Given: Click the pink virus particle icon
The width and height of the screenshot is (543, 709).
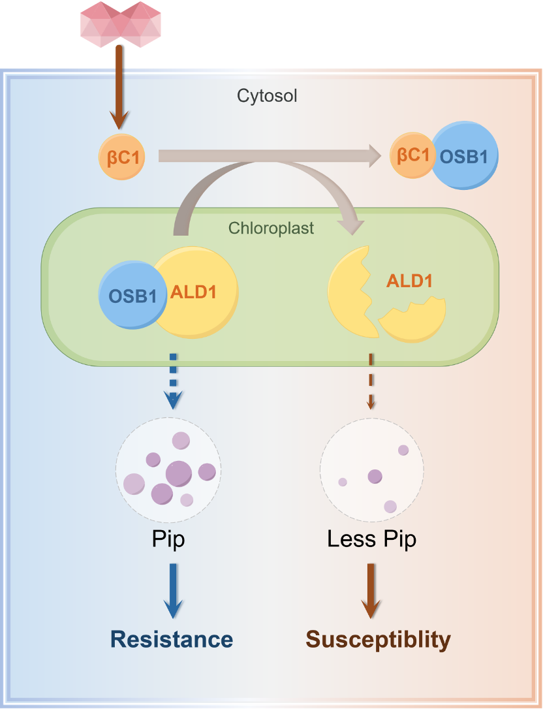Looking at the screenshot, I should pyautogui.click(x=121, y=24).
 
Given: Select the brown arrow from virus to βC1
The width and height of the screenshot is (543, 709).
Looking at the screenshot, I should pyautogui.click(x=118, y=88).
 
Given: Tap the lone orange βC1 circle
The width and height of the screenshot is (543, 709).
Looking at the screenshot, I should pyautogui.click(x=121, y=156).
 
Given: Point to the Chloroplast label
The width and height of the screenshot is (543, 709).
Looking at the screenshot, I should pyautogui.click(x=271, y=228).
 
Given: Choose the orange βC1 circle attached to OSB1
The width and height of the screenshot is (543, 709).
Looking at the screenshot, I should pyautogui.click(x=412, y=155).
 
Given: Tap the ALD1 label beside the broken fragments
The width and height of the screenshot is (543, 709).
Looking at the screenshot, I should pyautogui.click(x=410, y=281).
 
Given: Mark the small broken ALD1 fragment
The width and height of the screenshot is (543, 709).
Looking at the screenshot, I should pyautogui.click(x=412, y=320).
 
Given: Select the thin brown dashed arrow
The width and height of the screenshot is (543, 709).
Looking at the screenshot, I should pyautogui.click(x=371, y=382).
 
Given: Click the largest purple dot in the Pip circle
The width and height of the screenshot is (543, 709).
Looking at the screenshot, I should pyautogui.click(x=179, y=473).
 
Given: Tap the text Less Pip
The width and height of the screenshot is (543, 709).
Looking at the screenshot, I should pyautogui.click(x=371, y=539).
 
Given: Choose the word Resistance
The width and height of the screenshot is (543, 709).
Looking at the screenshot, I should pyautogui.click(x=172, y=638).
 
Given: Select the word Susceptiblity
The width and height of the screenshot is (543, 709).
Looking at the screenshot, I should pyautogui.click(x=378, y=639).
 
